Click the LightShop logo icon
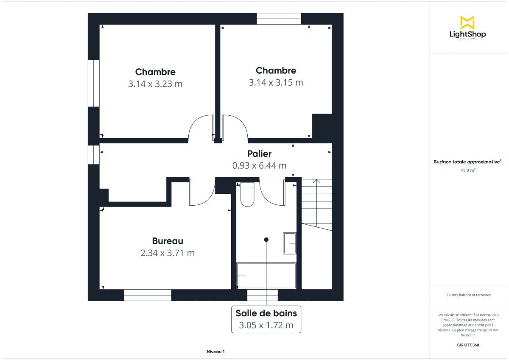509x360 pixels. [467, 22]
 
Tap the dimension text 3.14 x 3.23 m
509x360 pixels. [155, 84]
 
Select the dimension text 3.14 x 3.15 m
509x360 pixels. [276, 82]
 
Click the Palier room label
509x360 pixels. [259, 154]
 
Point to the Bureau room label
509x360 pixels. [168, 241]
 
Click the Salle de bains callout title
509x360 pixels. [266, 313]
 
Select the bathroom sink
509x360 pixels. [290, 243]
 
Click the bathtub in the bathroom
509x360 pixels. [266, 276]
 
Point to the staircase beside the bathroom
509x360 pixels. [316, 204]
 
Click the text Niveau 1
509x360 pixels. [215, 352]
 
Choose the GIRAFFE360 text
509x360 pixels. [468, 345]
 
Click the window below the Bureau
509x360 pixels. [148, 295]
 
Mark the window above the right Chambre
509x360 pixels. [279, 19]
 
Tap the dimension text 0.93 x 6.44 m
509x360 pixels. [259, 165]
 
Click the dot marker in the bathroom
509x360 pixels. [266, 240]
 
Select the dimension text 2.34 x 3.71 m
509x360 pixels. [168, 253]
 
